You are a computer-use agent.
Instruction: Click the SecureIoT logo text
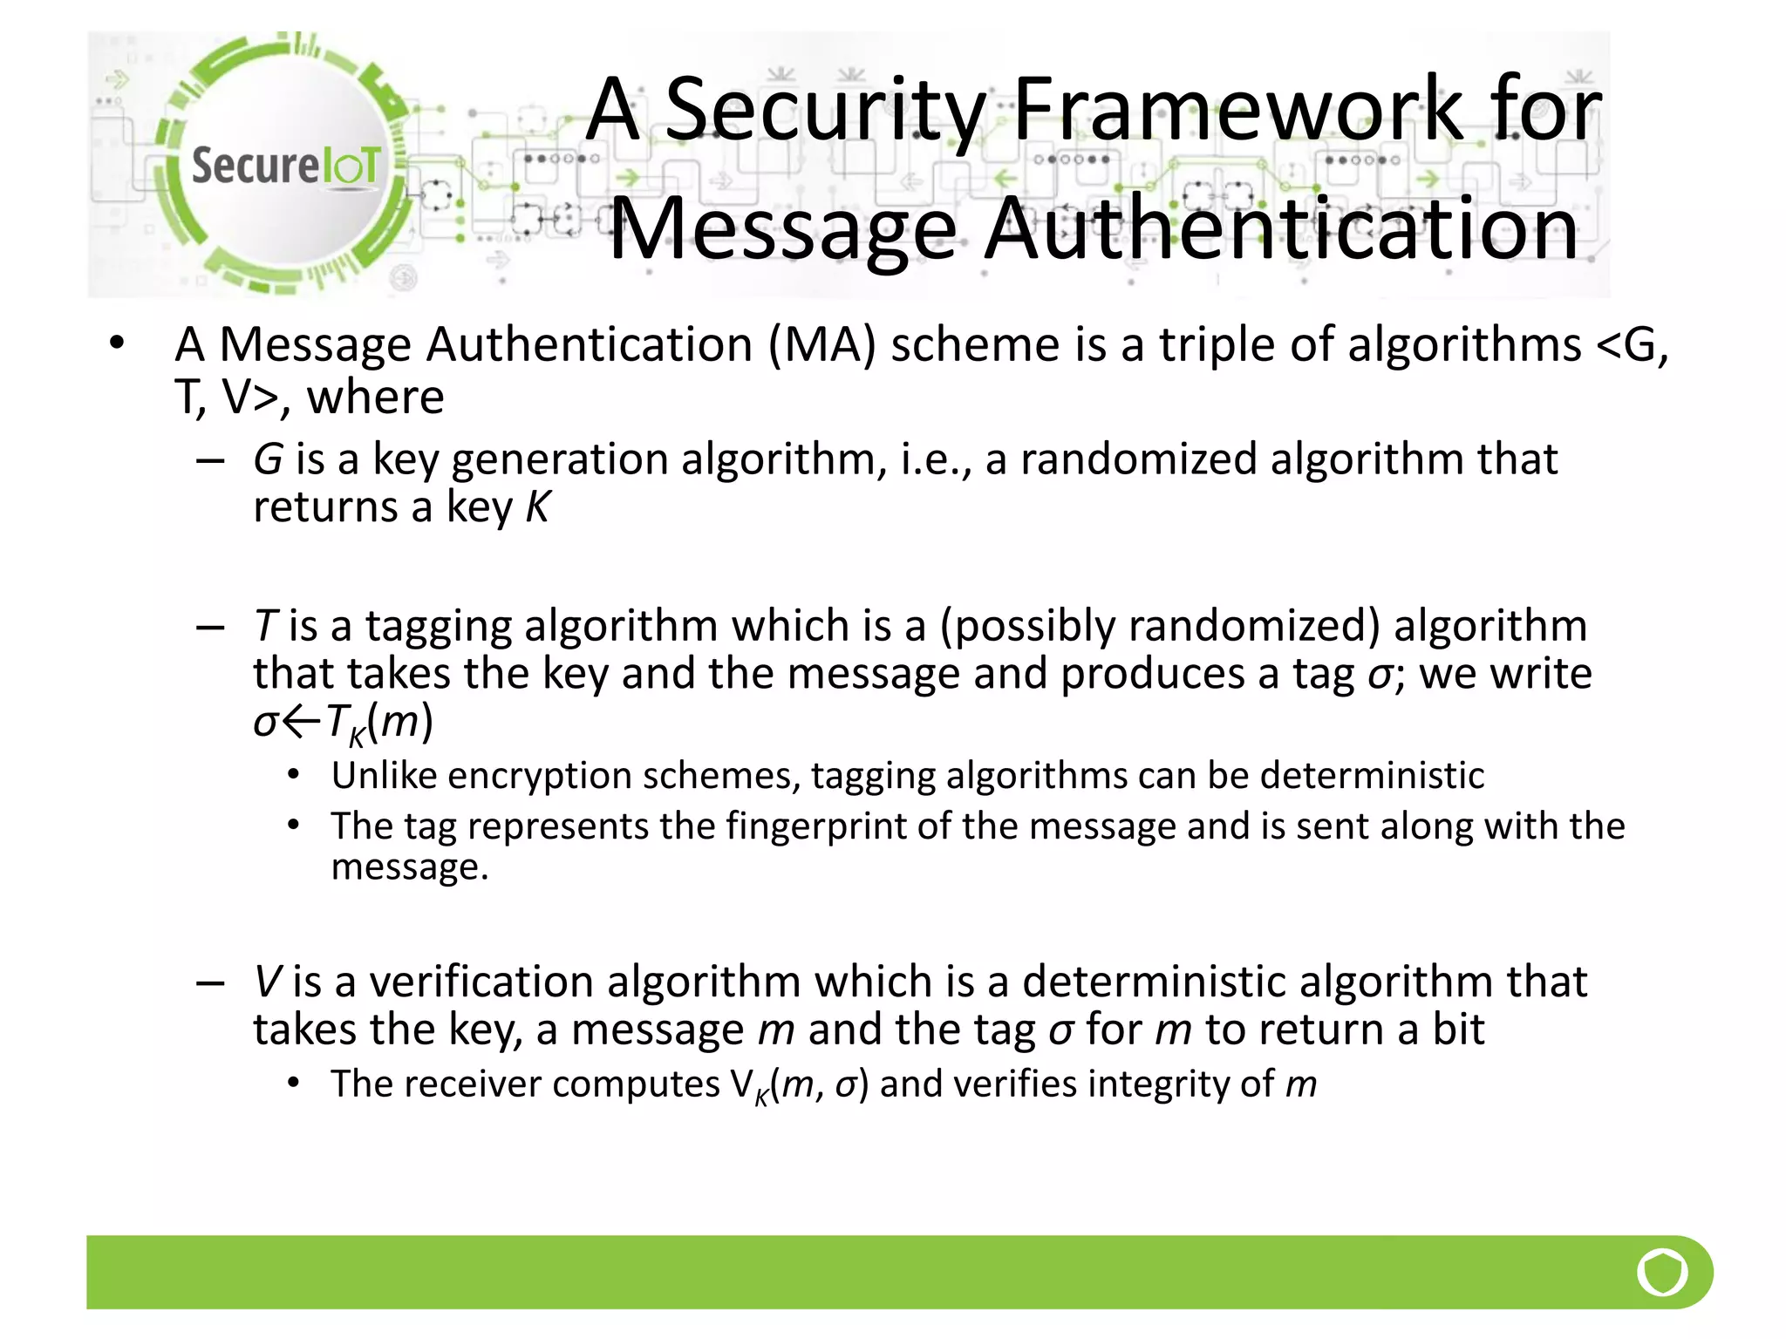click(x=285, y=166)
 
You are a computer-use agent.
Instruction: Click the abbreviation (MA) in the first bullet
click(x=821, y=344)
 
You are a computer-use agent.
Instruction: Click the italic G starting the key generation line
click(x=268, y=459)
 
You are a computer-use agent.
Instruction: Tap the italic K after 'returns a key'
click(x=538, y=506)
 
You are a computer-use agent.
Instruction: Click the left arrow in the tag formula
click(x=301, y=722)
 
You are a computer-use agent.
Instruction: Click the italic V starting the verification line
click(x=267, y=982)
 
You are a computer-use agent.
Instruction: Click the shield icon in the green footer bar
click(x=1662, y=1272)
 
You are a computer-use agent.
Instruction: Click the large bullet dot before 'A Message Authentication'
click(x=118, y=343)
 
